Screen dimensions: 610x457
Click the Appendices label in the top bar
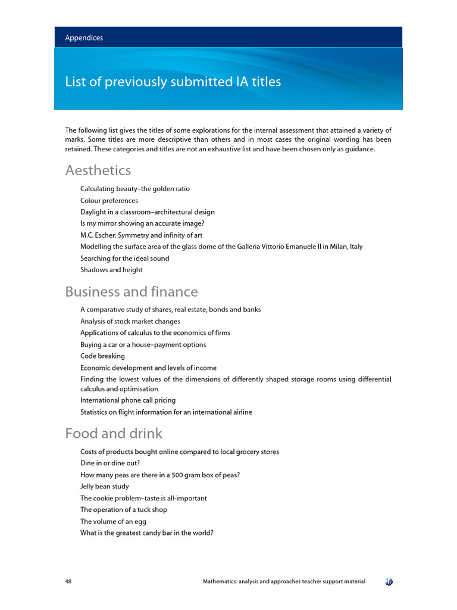tap(84, 38)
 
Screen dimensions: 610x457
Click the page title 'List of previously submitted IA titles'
tap(173, 82)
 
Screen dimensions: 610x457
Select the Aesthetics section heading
tap(98, 170)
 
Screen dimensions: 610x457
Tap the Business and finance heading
tap(131, 292)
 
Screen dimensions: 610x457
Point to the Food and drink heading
tap(113, 433)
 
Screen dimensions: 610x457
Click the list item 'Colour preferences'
tap(109, 201)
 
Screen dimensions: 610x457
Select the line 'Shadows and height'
tap(111, 270)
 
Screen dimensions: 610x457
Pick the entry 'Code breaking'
tap(102, 356)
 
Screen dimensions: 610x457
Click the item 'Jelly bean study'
tap(105, 487)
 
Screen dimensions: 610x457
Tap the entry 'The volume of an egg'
tap(113, 521)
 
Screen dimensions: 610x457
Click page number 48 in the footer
tap(69, 581)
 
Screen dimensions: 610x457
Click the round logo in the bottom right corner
tap(389, 581)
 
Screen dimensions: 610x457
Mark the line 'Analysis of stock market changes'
tap(130, 322)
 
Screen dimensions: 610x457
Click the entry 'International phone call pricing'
tap(128, 400)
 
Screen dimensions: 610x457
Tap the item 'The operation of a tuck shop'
tap(124, 510)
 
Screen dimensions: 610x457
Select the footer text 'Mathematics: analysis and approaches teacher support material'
tap(284, 581)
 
